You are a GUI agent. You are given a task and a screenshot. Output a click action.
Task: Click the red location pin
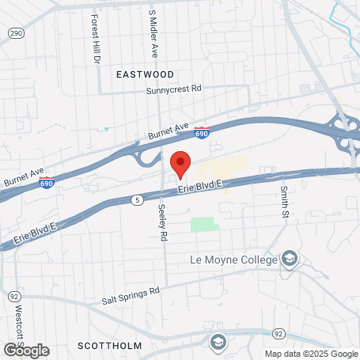click(x=180, y=164)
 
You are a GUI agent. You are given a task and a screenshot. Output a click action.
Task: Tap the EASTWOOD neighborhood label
click(x=144, y=74)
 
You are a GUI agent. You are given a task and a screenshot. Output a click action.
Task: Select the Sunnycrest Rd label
click(x=174, y=90)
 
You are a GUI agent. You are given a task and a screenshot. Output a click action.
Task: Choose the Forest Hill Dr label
click(x=96, y=39)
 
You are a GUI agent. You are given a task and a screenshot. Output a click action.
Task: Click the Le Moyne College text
click(x=234, y=259)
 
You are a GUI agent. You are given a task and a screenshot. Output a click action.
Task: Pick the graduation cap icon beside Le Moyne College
click(x=290, y=259)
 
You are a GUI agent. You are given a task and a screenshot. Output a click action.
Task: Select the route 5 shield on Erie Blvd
click(x=138, y=201)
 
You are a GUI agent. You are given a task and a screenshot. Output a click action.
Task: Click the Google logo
click(x=26, y=350)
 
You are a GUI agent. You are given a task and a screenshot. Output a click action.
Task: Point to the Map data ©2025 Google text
click(x=310, y=354)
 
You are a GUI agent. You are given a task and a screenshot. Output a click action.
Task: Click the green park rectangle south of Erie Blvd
click(x=203, y=224)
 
